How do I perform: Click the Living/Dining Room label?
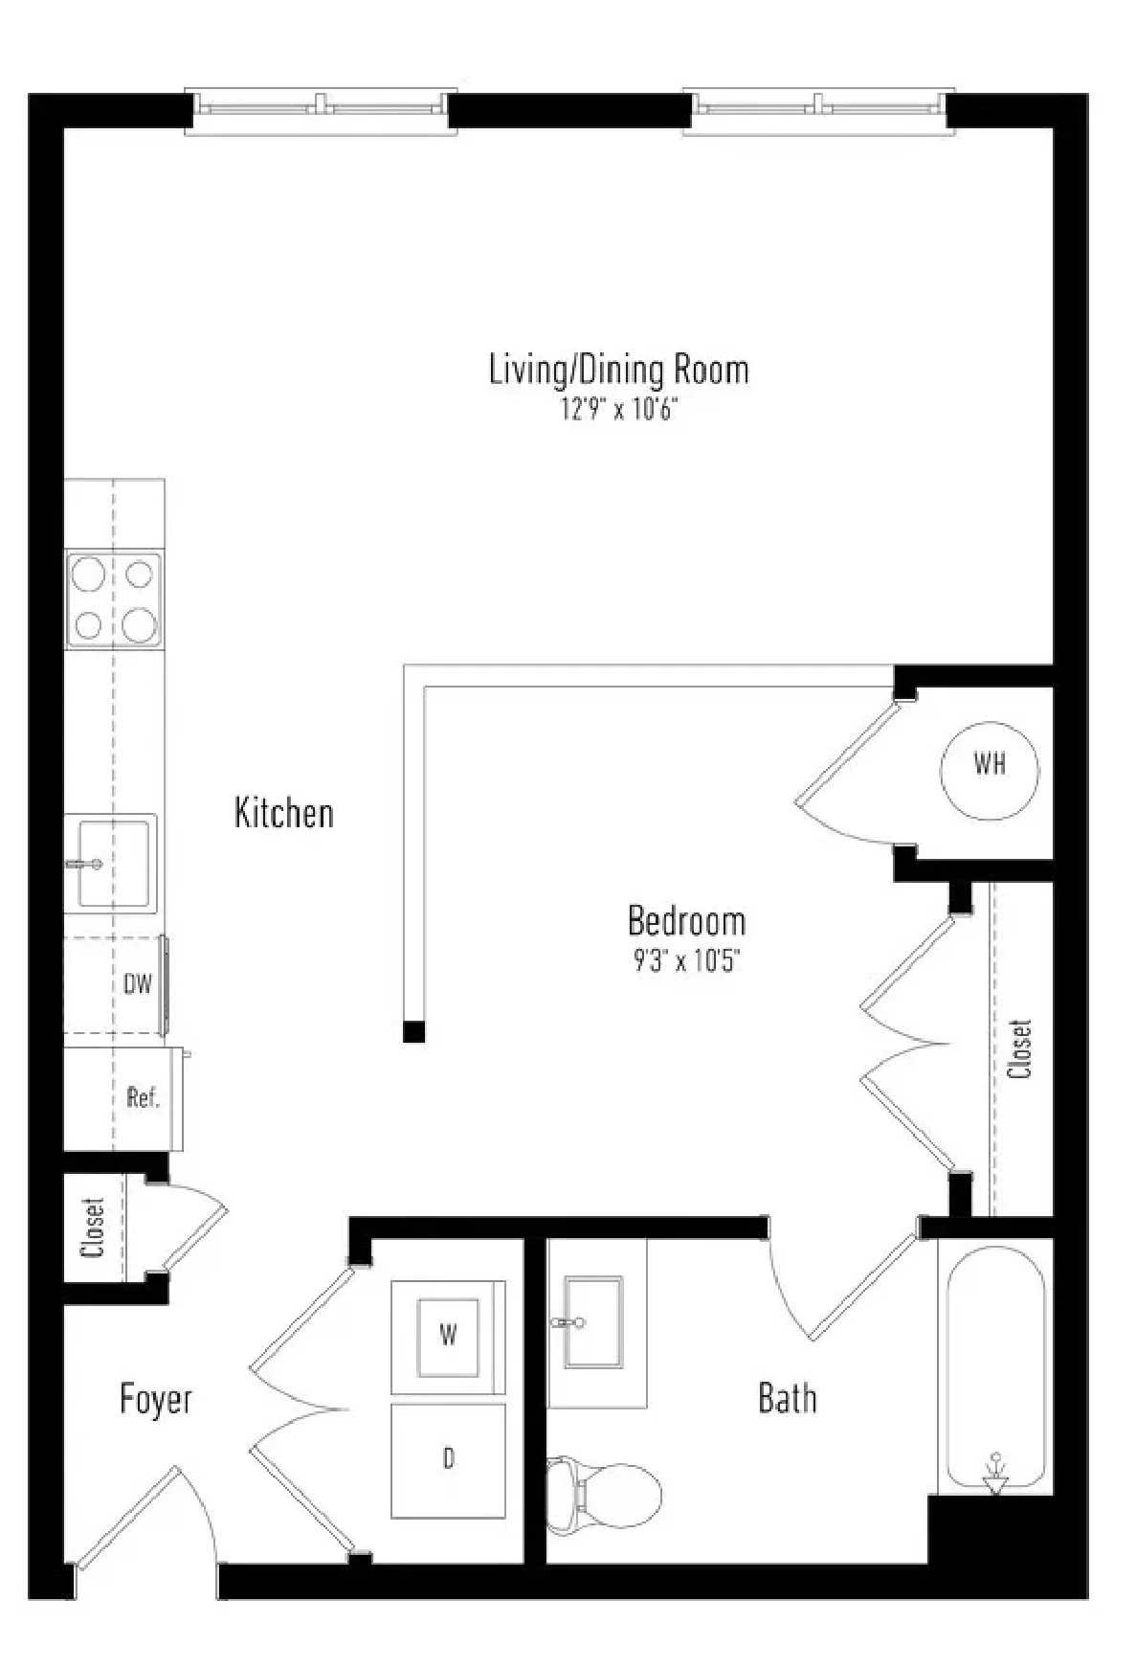618,370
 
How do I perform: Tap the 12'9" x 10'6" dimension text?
618,411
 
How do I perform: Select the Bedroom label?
686,920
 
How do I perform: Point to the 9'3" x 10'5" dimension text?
686,960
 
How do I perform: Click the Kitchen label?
284,813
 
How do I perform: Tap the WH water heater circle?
990,766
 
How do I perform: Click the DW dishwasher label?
138,984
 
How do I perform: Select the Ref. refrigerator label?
143,1097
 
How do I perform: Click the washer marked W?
448,1336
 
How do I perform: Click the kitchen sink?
111,862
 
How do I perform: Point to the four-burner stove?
113,599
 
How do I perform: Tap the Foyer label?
156,1399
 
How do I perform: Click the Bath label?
788,1398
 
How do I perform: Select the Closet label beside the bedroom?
1021,1048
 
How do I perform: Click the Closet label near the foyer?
93,1228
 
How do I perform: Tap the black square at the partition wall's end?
413,1031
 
